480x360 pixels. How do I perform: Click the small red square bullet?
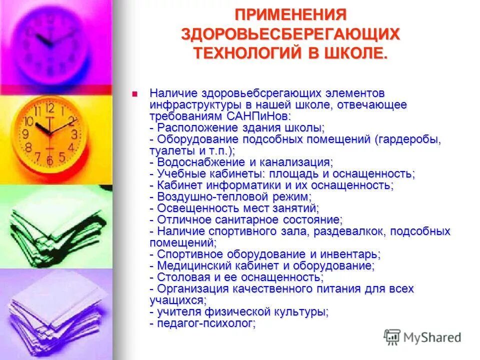coord(134,93)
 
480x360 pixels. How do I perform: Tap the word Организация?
coord(193,289)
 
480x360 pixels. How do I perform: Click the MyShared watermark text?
coord(432,337)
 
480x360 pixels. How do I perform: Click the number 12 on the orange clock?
coord(49,107)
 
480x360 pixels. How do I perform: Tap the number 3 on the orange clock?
coord(74,134)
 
